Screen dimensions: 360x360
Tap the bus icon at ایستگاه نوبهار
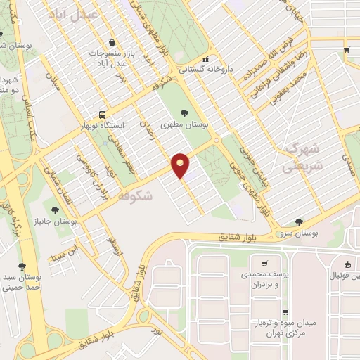[x=103, y=115]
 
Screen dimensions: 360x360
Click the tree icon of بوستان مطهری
[x=185, y=112]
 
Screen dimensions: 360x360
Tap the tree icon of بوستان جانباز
[x=55, y=209]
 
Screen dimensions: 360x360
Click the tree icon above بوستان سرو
[x=300, y=222]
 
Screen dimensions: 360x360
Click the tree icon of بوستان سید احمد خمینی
[x=22, y=266]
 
